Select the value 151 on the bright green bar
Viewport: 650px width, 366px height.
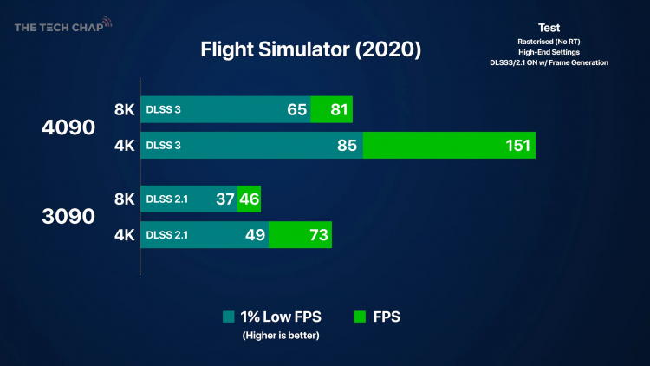tap(517, 146)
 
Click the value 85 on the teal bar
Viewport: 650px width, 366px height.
tap(348, 146)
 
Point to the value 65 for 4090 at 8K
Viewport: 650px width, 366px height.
tap(296, 110)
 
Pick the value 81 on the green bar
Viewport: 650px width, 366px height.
tap(339, 110)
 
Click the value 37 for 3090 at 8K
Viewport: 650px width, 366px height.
tap(224, 199)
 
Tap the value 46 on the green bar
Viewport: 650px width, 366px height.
tap(249, 199)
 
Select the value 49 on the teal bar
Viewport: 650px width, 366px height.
tap(255, 235)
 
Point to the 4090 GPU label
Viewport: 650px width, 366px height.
tap(68, 127)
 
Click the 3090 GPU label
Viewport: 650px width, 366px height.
tap(68, 217)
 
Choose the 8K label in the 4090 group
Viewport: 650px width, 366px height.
tap(125, 110)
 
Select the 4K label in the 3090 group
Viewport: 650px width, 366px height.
tap(125, 235)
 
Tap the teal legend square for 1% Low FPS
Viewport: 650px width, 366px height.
tap(229, 317)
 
